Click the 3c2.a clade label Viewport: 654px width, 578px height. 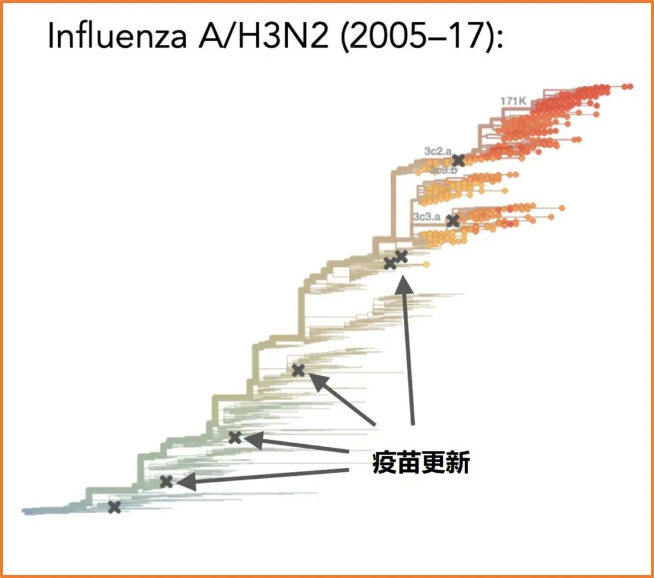437,151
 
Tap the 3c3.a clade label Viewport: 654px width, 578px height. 426,216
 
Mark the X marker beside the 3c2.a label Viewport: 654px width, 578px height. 458,160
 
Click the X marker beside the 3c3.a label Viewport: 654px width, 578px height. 452,221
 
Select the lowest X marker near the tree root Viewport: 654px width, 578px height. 114,507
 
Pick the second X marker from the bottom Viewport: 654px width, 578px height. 166,482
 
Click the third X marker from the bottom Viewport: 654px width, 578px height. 235,437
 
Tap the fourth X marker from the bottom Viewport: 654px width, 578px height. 298,370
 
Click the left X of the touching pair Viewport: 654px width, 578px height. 390,263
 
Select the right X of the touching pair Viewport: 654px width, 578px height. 401,257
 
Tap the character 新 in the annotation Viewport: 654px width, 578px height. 457,464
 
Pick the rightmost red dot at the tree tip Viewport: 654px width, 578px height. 630,87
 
